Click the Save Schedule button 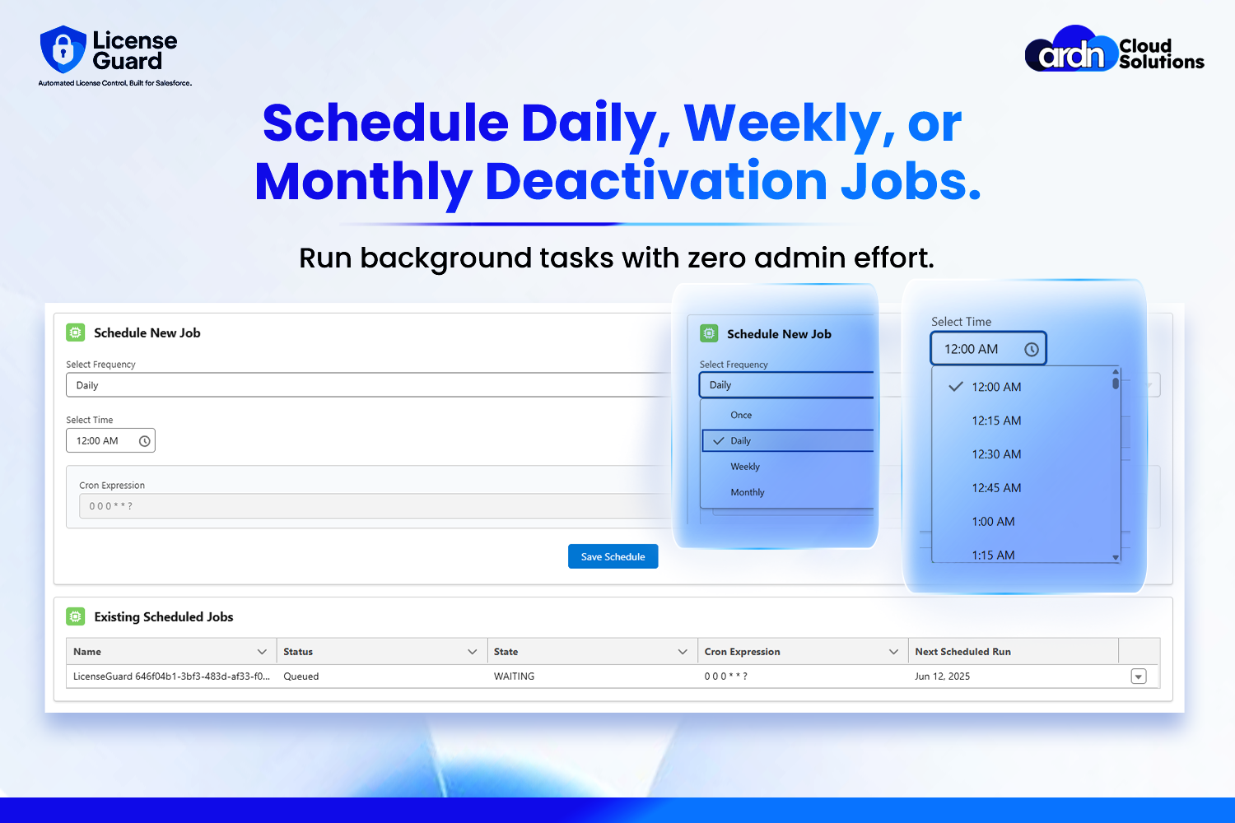[613, 556]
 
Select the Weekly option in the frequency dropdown [745, 467]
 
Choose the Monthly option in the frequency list [747, 492]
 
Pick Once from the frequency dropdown [741, 415]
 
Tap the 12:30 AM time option [996, 454]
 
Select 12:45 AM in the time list [996, 488]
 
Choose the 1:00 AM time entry [993, 522]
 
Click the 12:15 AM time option [996, 421]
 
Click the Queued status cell [301, 677]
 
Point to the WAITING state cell [514, 677]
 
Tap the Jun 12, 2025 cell [942, 677]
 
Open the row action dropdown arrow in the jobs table [1139, 677]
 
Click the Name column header [87, 652]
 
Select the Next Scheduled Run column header [962, 652]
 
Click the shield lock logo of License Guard [63, 49]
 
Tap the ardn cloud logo [1070, 49]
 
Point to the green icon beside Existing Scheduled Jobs [76, 616]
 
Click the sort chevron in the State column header [683, 652]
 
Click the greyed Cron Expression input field [375, 506]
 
